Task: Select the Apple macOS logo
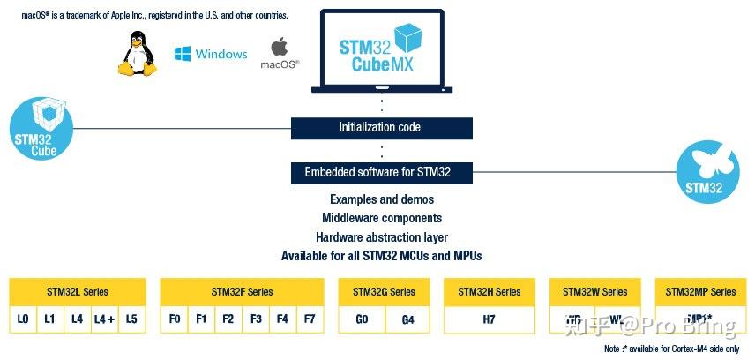280,51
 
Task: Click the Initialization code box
381,128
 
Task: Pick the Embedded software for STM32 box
381,172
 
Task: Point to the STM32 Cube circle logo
36,130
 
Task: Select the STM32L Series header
77,292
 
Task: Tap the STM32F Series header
242,292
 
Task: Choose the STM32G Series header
384,292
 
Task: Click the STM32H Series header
489,292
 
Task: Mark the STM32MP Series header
700,292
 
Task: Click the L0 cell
23,319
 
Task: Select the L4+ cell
104,319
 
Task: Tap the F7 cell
309,319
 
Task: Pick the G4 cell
407,319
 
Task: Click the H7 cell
489,319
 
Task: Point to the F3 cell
256,319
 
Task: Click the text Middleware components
381,218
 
